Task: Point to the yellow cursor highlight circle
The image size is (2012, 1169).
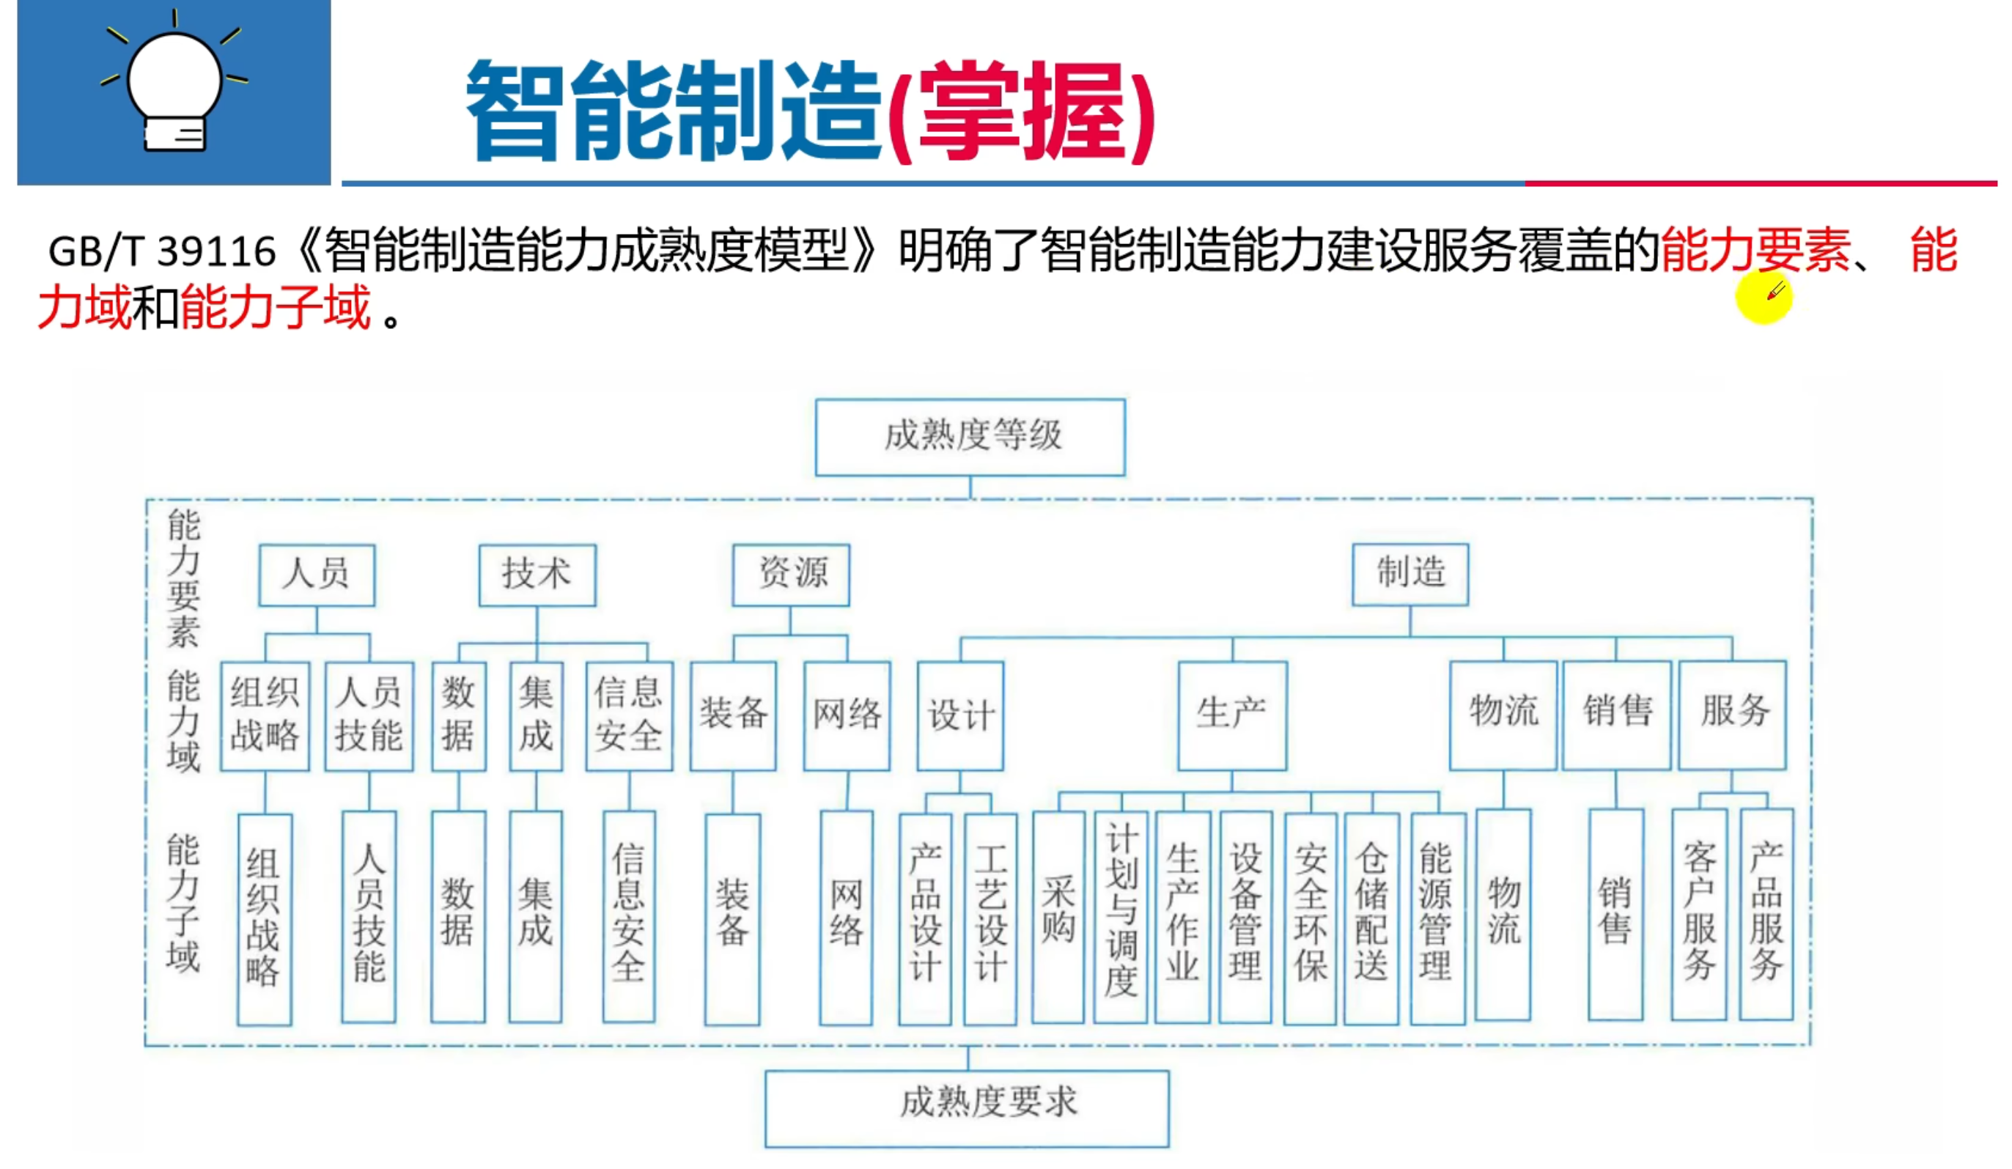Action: (1763, 296)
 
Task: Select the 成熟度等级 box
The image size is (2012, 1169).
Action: (969, 437)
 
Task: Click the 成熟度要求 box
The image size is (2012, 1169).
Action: (966, 1107)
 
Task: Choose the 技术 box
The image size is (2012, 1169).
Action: (537, 574)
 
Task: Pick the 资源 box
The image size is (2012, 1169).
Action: (790, 574)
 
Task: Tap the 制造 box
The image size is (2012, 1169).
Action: (1409, 573)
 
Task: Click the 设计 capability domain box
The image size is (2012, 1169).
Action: (959, 715)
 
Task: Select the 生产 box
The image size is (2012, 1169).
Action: (1231, 715)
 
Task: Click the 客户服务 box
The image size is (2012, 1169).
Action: (1698, 914)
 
